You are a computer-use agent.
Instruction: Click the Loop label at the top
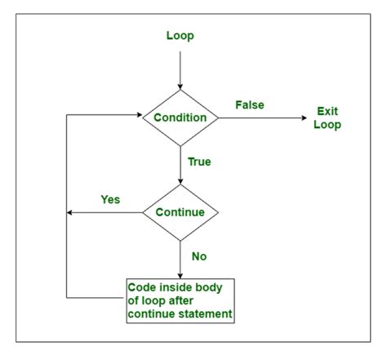[x=180, y=35]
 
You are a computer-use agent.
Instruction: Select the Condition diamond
[x=180, y=118]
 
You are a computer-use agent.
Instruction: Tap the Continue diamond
[x=180, y=213]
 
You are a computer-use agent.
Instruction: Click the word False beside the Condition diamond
[x=249, y=105]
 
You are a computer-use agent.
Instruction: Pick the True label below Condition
[x=198, y=162]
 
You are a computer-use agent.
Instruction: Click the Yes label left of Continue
[x=111, y=198]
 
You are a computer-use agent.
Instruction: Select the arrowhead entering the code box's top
[x=180, y=274]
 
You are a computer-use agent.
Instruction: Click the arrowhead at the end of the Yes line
[x=70, y=213]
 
